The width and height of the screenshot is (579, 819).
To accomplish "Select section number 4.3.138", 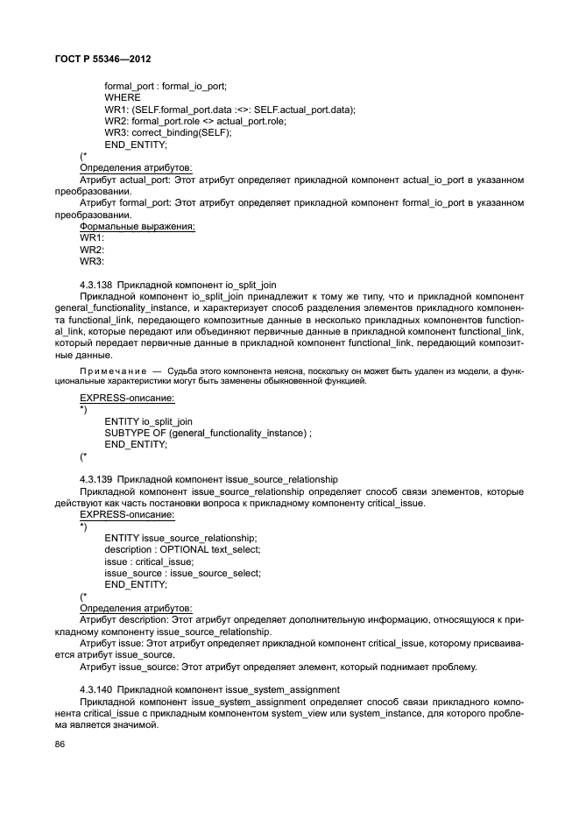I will click(x=95, y=285).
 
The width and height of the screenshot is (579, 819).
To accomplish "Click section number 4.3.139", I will click(x=95, y=479).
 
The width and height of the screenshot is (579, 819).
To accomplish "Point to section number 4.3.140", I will click(x=95, y=690).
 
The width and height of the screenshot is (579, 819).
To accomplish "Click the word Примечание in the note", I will click(x=107, y=371).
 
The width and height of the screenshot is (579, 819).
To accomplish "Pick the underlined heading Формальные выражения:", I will click(x=138, y=226).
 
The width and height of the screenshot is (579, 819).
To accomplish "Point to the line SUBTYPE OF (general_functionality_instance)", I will click(x=208, y=433).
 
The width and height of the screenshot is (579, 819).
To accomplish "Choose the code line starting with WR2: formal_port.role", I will click(x=194, y=121).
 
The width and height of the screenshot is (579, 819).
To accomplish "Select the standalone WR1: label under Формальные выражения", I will click(x=92, y=237).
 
